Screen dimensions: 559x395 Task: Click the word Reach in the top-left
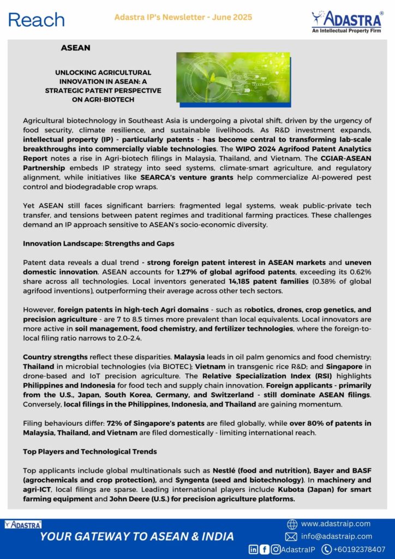(37, 20)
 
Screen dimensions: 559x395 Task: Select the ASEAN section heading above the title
(76, 48)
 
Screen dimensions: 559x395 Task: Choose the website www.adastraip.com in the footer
(336, 524)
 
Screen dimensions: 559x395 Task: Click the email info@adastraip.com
(337, 536)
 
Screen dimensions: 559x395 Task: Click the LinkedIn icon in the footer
(254, 549)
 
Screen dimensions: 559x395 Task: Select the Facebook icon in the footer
(265, 549)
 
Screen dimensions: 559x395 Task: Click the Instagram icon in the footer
(276, 549)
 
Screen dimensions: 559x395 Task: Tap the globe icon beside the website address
(292, 524)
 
